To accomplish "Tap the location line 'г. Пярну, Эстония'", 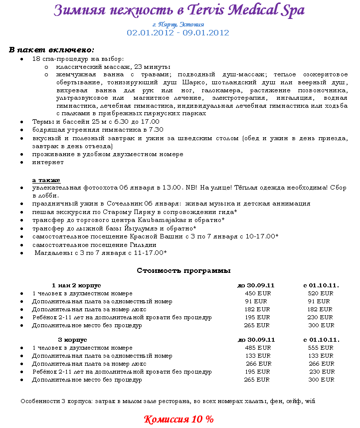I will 178,24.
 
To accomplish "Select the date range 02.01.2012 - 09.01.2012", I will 178,33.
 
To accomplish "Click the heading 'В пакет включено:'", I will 51,50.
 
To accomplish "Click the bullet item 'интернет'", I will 48,162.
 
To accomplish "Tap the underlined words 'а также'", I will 46,180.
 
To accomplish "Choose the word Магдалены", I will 55,252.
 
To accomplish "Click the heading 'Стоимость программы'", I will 183,271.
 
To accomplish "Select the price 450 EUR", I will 258,293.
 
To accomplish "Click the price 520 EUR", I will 320,293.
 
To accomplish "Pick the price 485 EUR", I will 258,348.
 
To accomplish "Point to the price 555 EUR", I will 320,348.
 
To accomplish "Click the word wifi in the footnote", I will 310,401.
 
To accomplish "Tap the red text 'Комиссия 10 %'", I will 178,419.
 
